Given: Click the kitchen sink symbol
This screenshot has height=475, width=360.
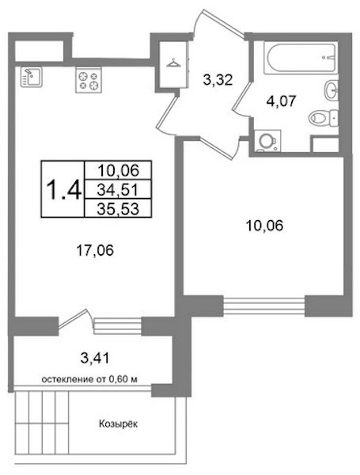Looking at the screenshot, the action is click(x=32, y=78).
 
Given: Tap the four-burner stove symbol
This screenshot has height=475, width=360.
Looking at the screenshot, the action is click(x=89, y=80).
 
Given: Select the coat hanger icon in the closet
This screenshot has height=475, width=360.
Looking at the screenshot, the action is click(x=173, y=63).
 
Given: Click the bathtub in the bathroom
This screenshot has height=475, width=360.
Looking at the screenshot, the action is click(x=301, y=58).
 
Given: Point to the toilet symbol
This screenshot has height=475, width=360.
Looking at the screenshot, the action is click(x=324, y=117).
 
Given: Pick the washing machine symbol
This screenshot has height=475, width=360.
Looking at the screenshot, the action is click(x=267, y=141).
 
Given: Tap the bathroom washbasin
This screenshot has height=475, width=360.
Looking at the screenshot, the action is click(x=332, y=90).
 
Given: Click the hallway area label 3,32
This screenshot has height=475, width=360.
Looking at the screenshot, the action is click(x=218, y=80).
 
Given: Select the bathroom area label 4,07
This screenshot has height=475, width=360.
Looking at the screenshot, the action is click(x=280, y=101).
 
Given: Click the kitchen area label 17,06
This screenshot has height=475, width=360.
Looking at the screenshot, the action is click(x=95, y=250).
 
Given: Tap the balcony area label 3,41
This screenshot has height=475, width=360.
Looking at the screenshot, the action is click(x=95, y=359).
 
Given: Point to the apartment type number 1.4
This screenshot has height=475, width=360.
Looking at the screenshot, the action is click(x=63, y=189).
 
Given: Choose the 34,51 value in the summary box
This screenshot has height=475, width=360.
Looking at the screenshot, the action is click(x=118, y=190).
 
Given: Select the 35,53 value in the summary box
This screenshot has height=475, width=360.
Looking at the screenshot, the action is click(x=118, y=208).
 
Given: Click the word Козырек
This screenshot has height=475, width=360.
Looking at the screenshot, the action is click(x=118, y=424).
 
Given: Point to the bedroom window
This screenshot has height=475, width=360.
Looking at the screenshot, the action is click(x=263, y=306).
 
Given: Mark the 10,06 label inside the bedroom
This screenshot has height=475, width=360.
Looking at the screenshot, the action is click(x=265, y=226).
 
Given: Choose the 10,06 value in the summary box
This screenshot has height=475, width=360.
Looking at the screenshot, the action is click(x=118, y=170).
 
